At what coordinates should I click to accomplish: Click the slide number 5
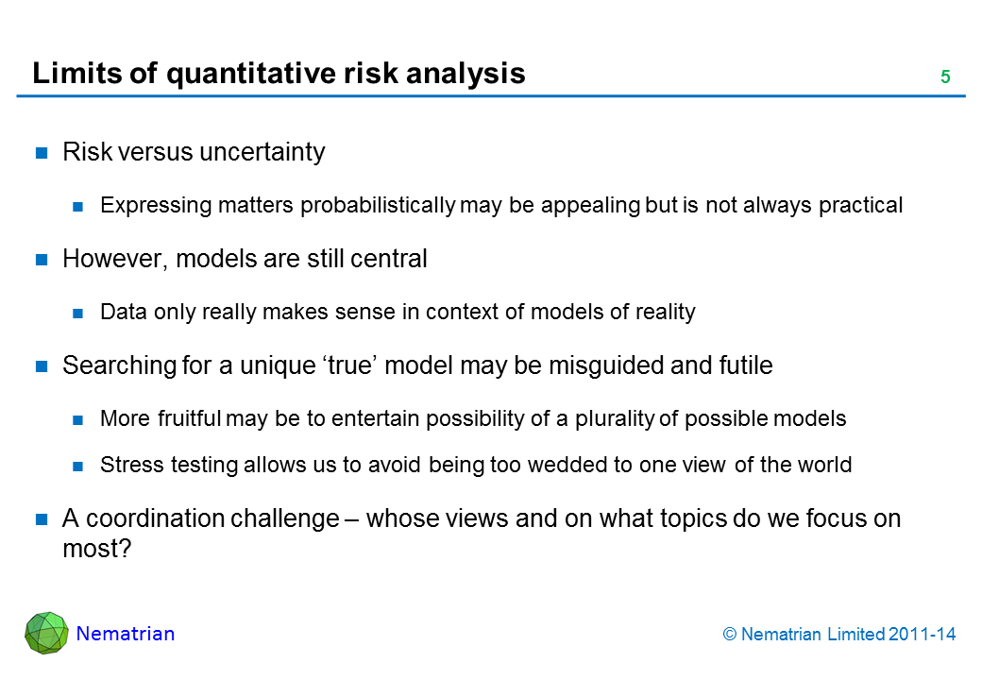(x=945, y=76)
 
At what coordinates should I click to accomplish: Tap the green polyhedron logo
(x=46, y=633)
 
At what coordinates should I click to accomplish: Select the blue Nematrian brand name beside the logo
(x=126, y=634)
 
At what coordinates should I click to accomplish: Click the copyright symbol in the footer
(x=730, y=635)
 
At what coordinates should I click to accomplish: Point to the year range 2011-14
(x=922, y=635)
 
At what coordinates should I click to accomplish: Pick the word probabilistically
(x=379, y=205)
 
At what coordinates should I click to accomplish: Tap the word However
(x=115, y=259)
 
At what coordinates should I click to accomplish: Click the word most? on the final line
(x=97, y=549)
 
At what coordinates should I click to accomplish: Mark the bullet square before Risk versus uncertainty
(x=42, y=152)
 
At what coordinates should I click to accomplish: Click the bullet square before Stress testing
(x=77, y=466)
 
